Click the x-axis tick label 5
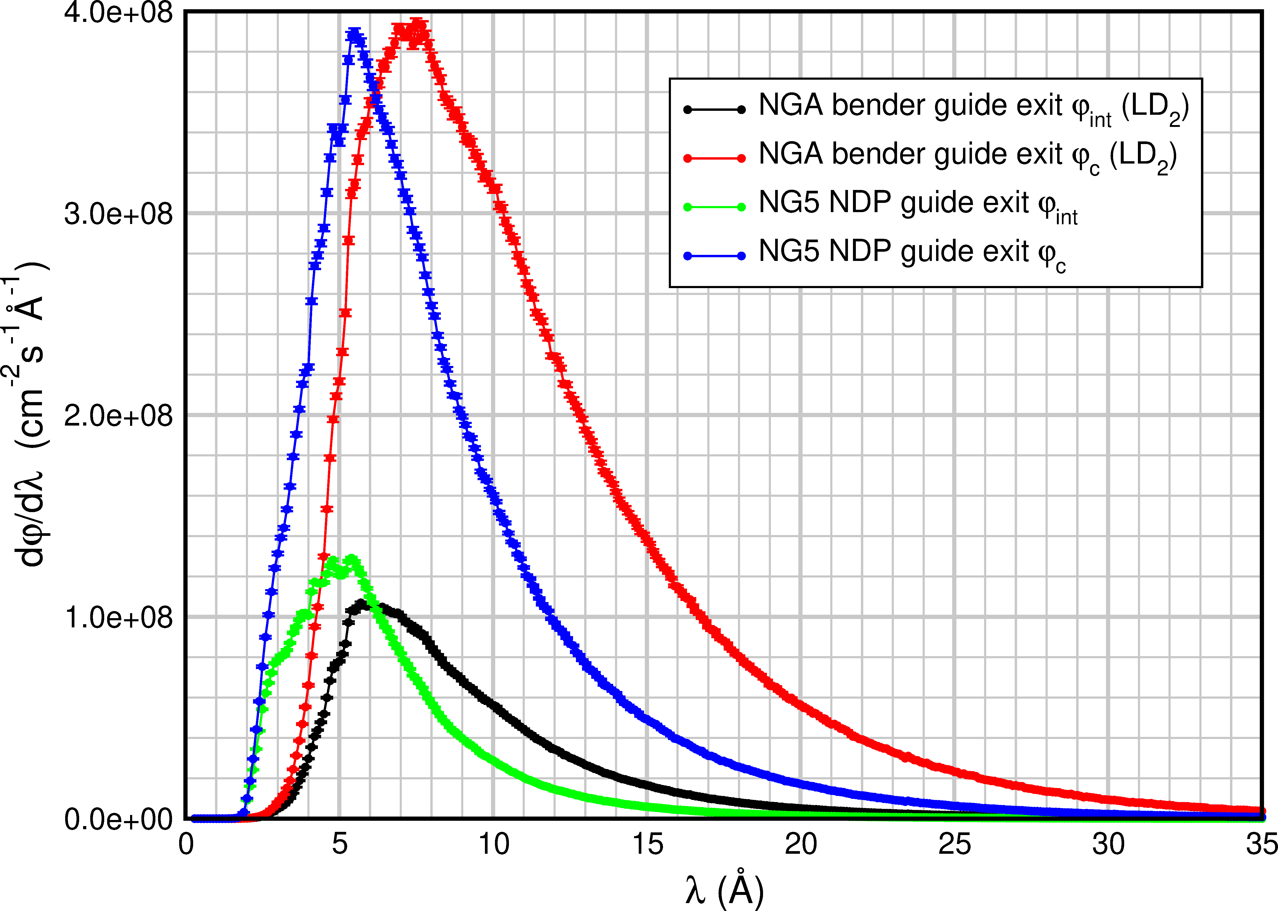point(339,844)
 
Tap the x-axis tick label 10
point(494,844)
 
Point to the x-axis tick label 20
point(800,844)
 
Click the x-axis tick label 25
point(954,844)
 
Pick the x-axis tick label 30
point(1108,844)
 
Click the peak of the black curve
point(362,604)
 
